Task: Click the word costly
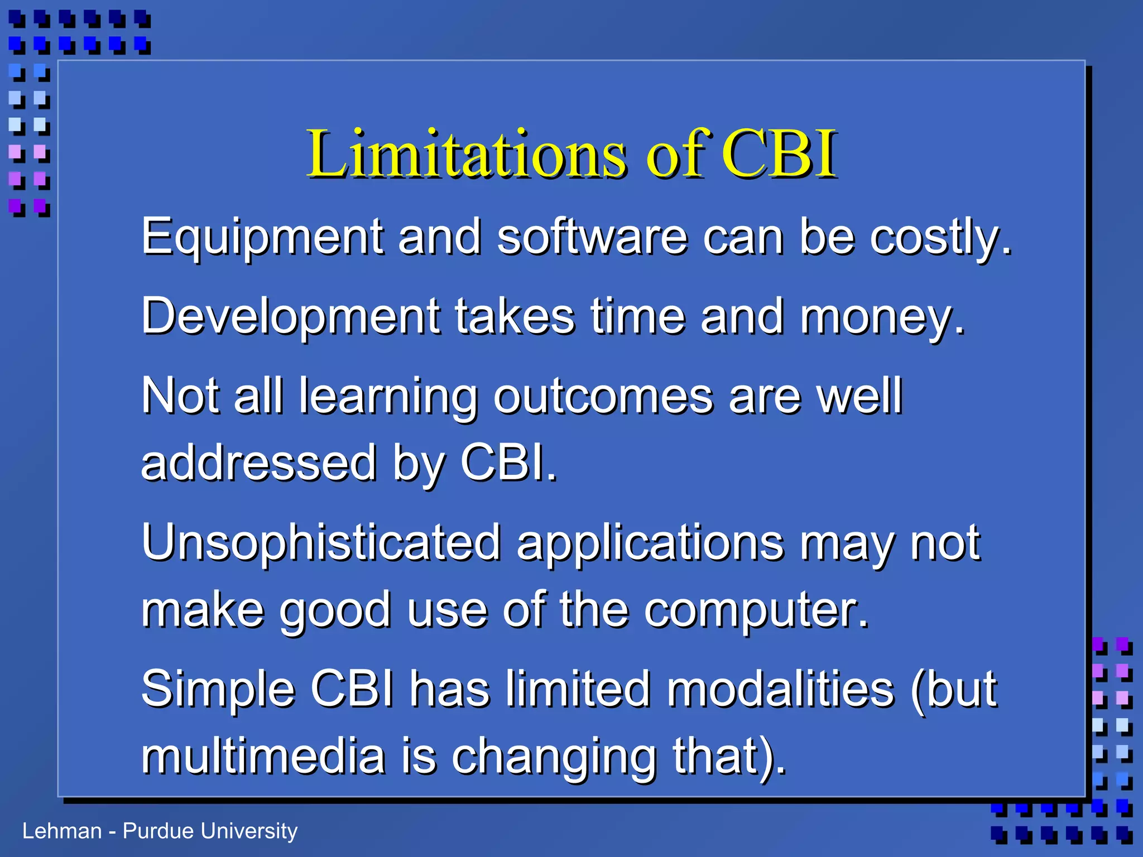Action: [x=940, y=237]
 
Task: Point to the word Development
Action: [x=290, y=316]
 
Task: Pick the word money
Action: [x=882, y=316]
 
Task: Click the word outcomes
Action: [x=603, y=396]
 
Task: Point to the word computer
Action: [x=756, y=611]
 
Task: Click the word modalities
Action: [x=781, y=689]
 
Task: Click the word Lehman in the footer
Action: [x=62, y=831]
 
